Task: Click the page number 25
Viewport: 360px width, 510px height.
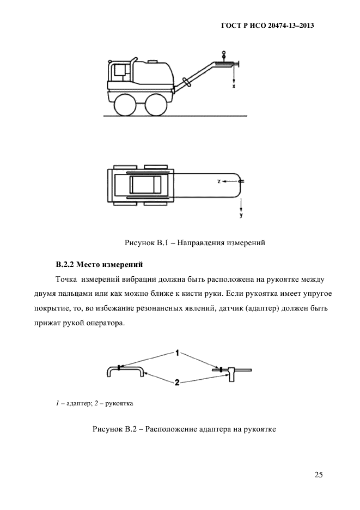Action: (x=319, y=475)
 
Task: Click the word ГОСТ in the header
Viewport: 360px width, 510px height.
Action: (x=232, y=26)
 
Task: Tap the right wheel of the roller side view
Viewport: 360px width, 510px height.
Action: (x=157, y=104)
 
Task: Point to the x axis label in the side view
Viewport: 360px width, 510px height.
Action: (x=234, y=87)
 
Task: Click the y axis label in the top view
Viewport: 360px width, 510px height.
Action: (x=241, y=216)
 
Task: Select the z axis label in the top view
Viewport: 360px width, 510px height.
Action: (x=218, y=180)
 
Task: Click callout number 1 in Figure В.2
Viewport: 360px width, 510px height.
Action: (x=178, y=354)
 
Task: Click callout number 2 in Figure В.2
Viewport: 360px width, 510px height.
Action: (x=178, y=382)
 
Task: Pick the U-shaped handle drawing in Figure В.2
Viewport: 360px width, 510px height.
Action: (x=125, y=371)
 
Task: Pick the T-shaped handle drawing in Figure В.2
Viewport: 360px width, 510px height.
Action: (x=232, y=374)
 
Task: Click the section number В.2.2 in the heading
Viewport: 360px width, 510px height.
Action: (x=65, y=265)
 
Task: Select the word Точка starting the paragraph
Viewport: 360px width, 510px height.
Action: (x=66, y=280)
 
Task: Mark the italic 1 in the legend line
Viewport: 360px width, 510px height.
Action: (x=57, y=404)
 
